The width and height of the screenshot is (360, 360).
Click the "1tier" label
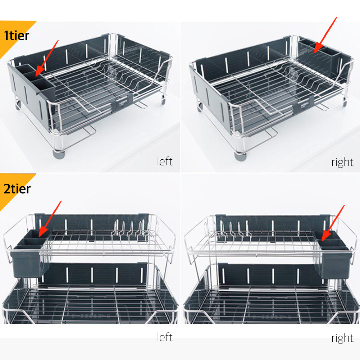point(17,36)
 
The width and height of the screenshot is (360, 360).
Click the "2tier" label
point(17,189)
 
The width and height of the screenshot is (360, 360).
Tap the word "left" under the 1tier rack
point(165,161)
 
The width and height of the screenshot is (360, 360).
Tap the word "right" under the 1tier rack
point(342,162)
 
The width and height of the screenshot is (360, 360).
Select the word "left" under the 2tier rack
point(165,337)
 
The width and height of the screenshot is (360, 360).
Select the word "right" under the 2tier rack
point(342,338)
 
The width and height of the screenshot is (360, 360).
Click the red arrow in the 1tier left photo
point(47,58)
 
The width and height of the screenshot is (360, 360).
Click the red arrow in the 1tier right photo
point(325,35)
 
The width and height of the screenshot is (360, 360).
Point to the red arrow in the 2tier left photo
point(50,219)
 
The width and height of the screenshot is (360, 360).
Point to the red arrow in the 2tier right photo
point(333,223)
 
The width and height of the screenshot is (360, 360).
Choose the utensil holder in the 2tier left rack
point(29,252)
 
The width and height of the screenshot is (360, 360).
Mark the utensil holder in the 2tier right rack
point(334,254)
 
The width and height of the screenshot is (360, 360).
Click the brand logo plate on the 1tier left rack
point(122,104)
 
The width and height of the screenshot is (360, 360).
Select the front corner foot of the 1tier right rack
point(240,156)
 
